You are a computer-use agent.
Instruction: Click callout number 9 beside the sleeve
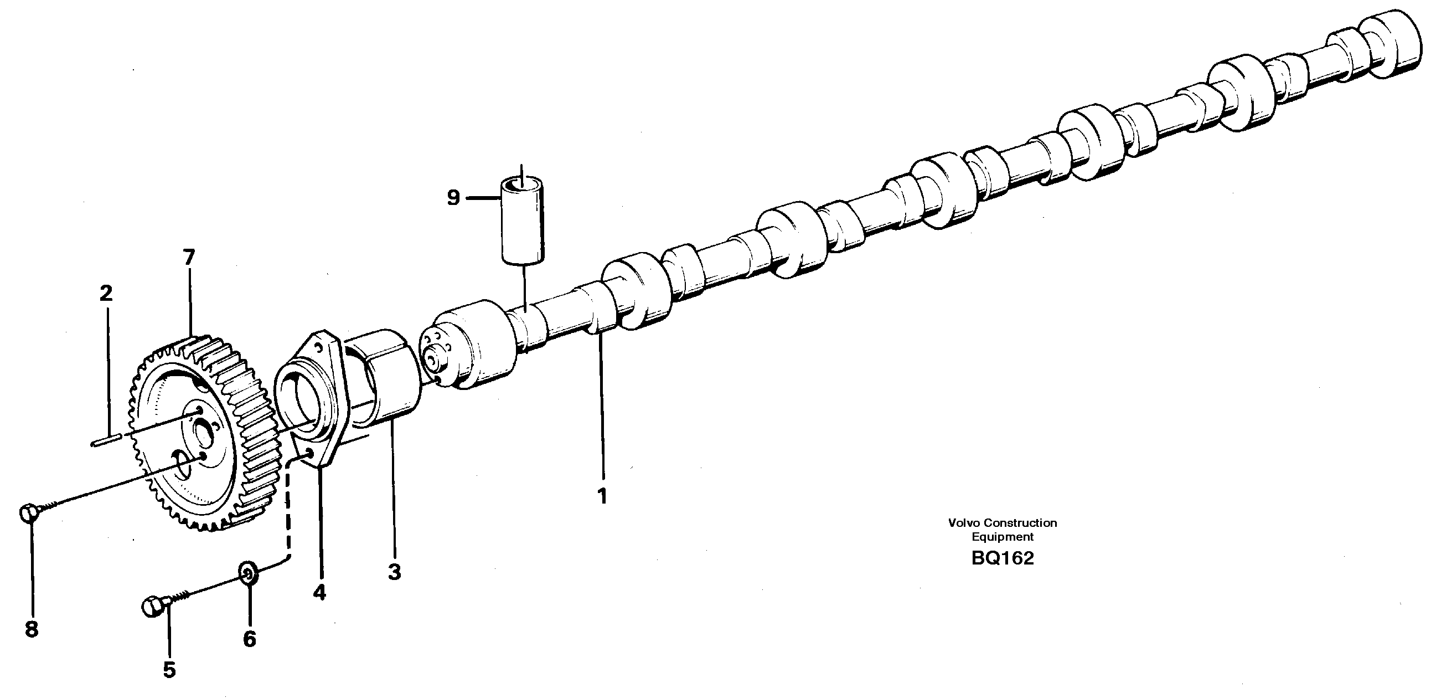(453, 197)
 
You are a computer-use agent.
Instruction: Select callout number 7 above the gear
(189, 257)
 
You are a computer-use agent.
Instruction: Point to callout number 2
(106, 293)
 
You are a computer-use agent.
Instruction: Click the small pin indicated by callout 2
(105, 443)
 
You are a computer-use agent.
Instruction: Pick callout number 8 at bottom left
(32, 629)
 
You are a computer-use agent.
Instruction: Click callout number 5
(169, 670)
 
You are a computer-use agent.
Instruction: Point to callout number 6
(250, 639)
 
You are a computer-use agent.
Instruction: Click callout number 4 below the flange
(319, 592)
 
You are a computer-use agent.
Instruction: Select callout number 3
(394, 572)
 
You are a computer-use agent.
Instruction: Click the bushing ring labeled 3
(383, 383)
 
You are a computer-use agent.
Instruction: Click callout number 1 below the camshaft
(602, 496)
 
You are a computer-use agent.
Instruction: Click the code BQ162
(1002, 558)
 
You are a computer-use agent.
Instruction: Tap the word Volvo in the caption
(962, 523)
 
